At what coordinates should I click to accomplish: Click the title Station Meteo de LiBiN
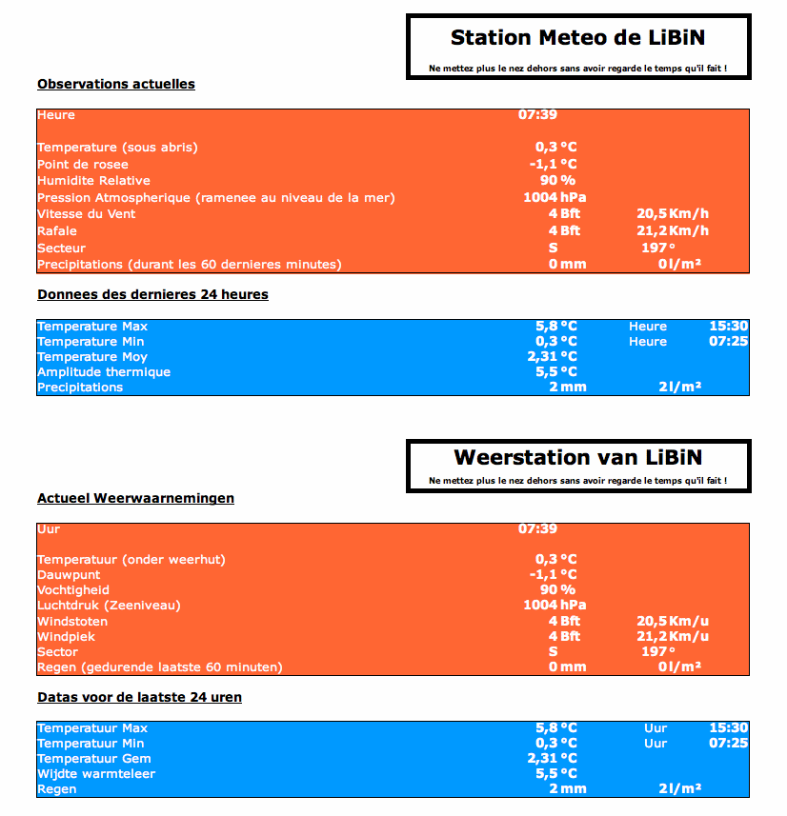point(577,38)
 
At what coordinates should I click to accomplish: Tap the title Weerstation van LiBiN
point(578,458)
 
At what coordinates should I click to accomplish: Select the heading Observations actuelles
point(116,84)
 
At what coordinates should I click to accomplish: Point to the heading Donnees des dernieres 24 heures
point(152,294)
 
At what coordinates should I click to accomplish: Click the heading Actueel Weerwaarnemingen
point(135,498)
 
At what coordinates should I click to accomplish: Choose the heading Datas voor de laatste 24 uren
point(139,697)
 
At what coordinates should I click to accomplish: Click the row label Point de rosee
point(83,164)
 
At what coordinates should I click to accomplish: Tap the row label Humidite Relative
point(93,181)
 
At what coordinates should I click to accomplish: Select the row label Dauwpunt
point(69,574)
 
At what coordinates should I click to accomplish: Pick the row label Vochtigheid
point(72,589)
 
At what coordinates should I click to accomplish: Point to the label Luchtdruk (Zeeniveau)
point(109,605)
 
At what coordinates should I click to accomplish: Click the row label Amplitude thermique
point(104,371)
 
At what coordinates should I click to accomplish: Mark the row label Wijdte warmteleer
point(96,773)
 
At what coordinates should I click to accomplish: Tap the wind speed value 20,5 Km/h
point(673,214)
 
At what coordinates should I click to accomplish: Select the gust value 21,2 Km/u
point(673,636)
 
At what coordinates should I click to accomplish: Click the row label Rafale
point(57,230)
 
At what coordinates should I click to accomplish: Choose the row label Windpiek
point(66,636)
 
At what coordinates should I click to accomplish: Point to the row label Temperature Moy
point(92,356)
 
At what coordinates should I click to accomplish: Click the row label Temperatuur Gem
point(94,758)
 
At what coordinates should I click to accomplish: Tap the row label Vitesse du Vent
point(87,214)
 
